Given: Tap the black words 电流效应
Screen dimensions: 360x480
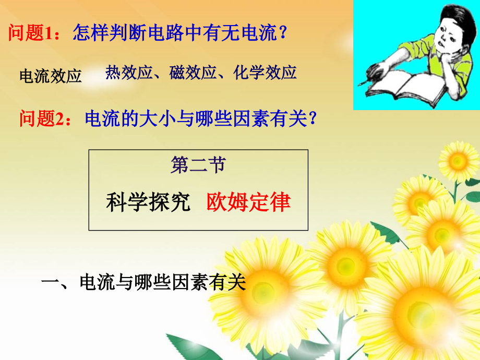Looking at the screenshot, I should coord(51,76).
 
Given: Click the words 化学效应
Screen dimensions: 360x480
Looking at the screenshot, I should coord(265,72).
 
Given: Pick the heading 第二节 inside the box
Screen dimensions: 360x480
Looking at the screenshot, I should coord(198,165).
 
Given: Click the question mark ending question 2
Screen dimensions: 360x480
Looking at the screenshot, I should coord(313,119).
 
